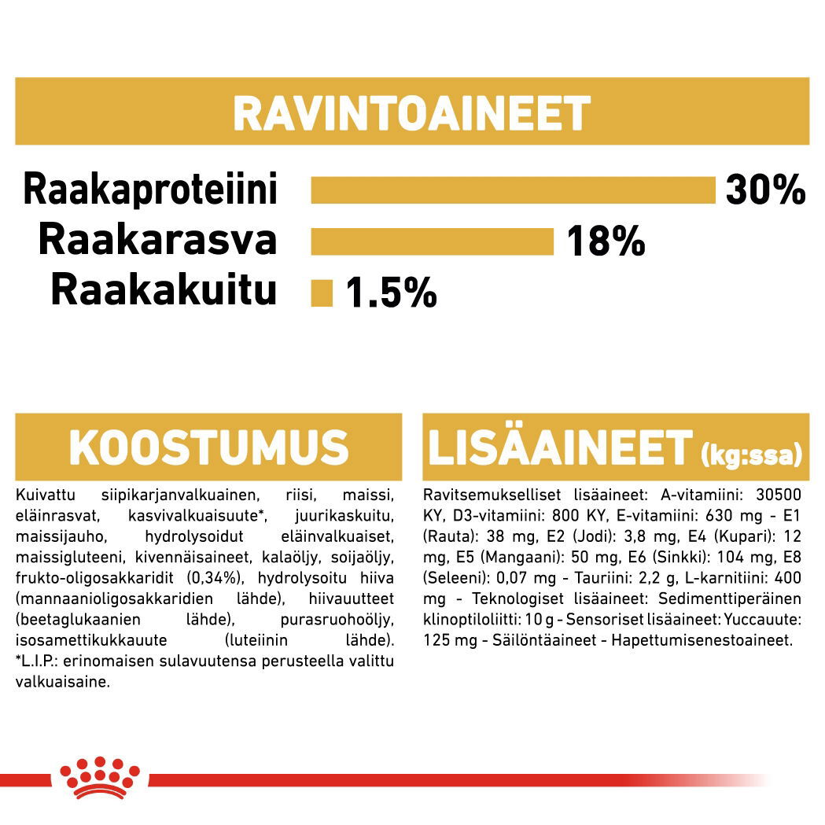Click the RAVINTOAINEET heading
point(411,113)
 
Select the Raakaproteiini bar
point(513,190)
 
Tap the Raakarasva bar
point(432,241)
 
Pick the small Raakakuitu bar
point(322,293)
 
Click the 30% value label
point(765,190)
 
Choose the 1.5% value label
point(391,294)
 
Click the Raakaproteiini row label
point(150,190)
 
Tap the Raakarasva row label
point(157,240)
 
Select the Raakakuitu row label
point(164,290)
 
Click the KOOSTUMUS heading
point(208,447)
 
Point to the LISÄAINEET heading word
point(559,447)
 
